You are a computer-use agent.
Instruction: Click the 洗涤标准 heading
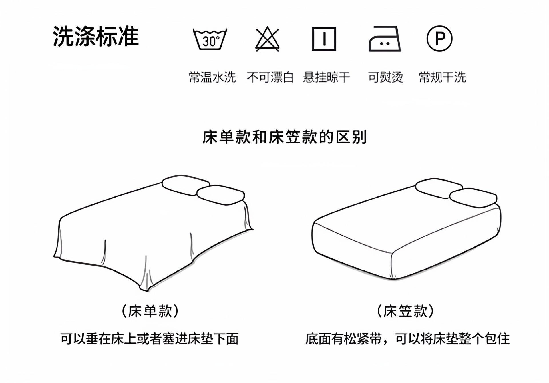96,37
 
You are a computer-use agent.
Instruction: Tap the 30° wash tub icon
210,39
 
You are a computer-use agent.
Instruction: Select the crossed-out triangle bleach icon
267,39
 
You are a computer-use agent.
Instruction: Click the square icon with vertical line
324,39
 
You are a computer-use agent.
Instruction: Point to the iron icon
385,39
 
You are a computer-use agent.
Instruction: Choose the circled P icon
439,38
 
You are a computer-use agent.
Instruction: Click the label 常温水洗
212,77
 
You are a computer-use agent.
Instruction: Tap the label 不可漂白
270,77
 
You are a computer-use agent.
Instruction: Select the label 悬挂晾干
327,77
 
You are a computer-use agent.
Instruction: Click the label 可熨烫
385,77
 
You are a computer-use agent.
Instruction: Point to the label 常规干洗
442,77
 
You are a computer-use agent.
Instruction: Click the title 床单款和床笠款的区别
285,137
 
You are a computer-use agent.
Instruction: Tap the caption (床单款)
150,311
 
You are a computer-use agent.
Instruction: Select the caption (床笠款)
405,311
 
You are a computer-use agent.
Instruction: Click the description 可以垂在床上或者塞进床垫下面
149,339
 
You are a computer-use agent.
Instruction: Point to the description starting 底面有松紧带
407,339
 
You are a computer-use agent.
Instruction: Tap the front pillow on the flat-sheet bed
221,195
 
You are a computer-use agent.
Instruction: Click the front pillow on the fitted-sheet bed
473,198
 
